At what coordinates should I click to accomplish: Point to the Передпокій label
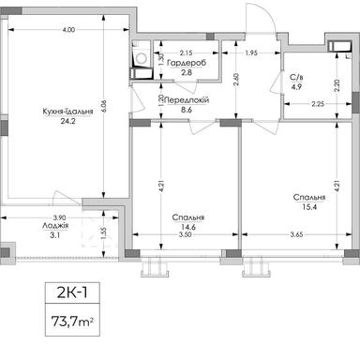tap(187, 98)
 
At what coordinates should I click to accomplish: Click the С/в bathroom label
tap(296, 80)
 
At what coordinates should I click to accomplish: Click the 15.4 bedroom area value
tap(308, 208)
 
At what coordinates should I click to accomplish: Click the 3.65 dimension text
tap(297, 233)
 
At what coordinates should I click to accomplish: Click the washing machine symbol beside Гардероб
tap(140, 61)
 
